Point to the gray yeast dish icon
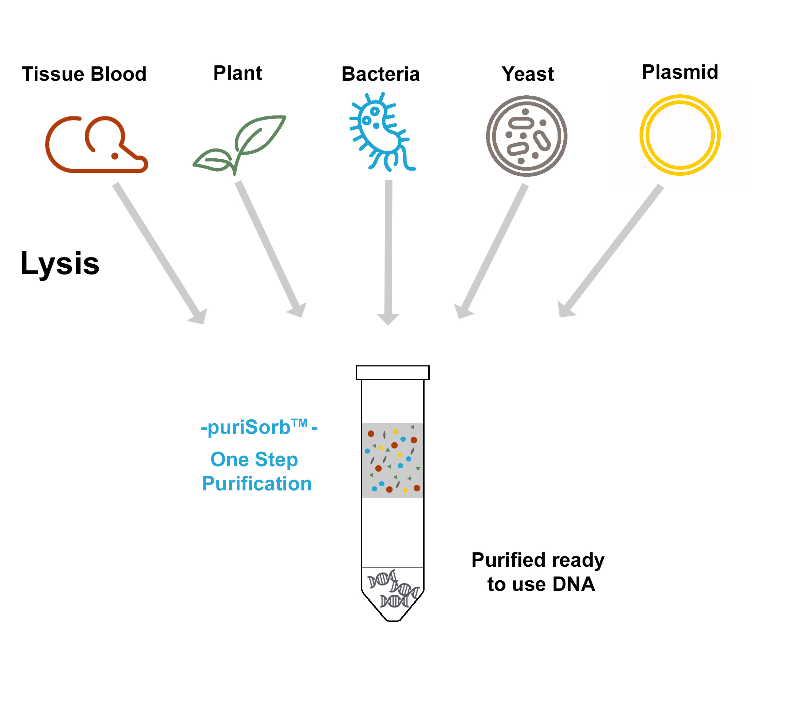click(526, 136)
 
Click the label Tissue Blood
click(84, 74)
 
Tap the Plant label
click(238, 73)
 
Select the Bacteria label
click(381, 74)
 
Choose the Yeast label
click(527, 74)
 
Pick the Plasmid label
click(680, 72)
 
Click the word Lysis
click(60, 264)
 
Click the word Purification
click(257, 484)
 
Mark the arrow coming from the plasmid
click(612, 249)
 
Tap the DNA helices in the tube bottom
click(393, 589)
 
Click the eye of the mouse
click(115, 156)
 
